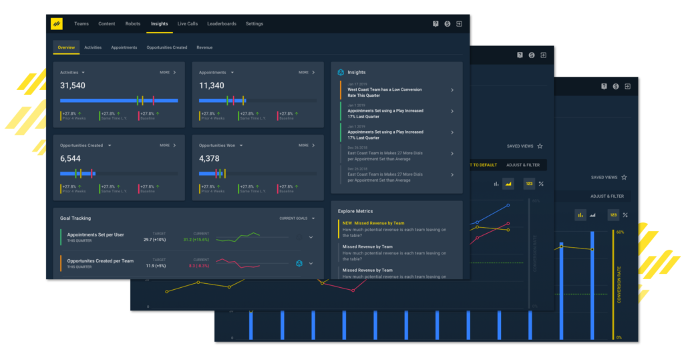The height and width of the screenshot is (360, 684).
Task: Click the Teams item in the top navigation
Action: pyautogui.click(x=81, y=24)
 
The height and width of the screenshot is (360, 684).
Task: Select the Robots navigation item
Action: pyautogui.click(x=133, y=24)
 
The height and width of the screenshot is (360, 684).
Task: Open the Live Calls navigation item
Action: pyautogui.click(x=188, y=24)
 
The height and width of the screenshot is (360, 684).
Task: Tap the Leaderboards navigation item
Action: pyautogui.click(x=222, y=24)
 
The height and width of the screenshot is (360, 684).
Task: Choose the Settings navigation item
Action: pyautogui.click(x=254, y=24)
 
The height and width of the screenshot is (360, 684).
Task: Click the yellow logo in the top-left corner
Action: pyautogui.click(x=57, y=23)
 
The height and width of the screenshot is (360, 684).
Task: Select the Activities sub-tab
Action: pyautogui.click(x=93, y=47)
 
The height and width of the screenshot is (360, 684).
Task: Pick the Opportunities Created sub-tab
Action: pyautogui.click(x=167, y=47)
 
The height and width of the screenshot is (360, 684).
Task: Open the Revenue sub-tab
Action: pyautogui.click(x=204, y=47)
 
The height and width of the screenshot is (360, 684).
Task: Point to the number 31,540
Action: pyautogui.click(x=73, y=85)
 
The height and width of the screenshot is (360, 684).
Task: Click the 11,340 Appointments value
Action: pyautogui.click(x=212, y=85)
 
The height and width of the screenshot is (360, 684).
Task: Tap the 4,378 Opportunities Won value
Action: pyautogui.click(x=210, y=158)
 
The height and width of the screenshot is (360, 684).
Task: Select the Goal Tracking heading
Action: pyautogui.click(x=75, y=218)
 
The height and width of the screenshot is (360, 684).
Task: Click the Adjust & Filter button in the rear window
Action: pyautogui.click(x=607, y=196)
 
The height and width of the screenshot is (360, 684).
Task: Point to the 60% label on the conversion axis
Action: pyautogui.click(x=620, y=232)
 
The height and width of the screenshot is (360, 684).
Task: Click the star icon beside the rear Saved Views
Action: pyautogui.click(x=624, y=177)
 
